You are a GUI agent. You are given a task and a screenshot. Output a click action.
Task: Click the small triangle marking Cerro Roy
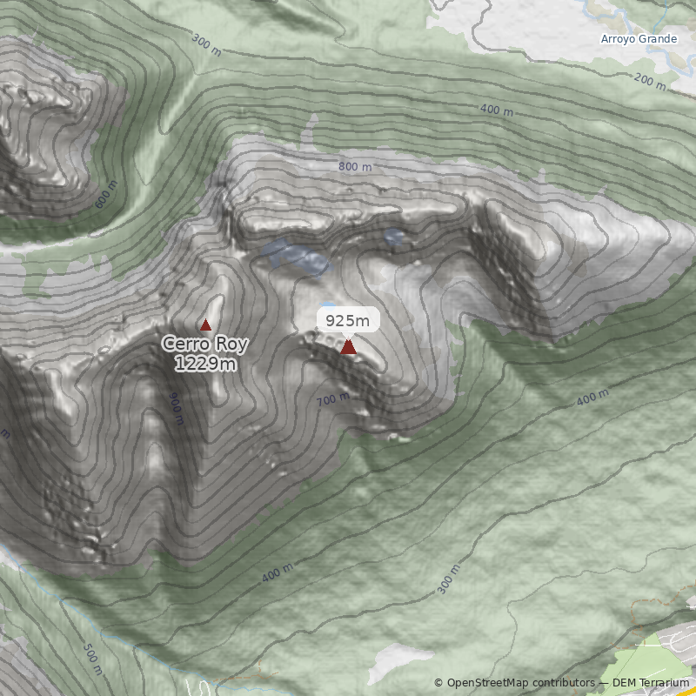click(206, 325)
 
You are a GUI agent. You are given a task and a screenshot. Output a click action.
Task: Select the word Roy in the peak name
click(231, 345)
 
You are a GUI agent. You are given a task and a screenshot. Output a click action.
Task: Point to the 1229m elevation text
click(205, 364)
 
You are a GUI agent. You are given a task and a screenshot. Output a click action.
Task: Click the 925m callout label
click(348, 320)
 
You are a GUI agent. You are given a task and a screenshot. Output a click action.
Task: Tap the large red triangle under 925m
click(348, 347)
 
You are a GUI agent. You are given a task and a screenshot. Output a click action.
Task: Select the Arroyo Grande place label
click(639, 39)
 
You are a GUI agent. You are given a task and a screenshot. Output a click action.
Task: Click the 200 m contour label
click(649, 83)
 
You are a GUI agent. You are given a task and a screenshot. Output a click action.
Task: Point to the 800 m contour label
click(355, 167)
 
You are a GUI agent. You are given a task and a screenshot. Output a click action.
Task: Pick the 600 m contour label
click(104, 198)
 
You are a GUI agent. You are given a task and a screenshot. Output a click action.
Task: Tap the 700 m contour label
click(333, 399)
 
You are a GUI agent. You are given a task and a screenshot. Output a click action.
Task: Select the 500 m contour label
click(92, 659)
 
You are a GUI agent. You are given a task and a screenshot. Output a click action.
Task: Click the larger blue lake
click(296, 257)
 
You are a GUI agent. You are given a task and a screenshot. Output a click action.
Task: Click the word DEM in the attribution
click(625, 683)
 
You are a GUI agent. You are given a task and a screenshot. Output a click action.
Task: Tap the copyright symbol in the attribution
click(438, 683)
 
